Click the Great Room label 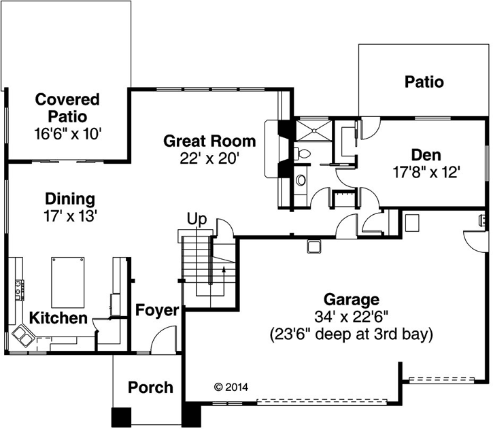click(209, 141)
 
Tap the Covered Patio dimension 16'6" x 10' click(67, 133)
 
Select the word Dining click(69, 199)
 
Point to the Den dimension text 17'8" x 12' click(428, 172)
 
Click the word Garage click(351, 299)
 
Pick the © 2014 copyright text click(231, 387)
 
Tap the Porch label click(150, 388)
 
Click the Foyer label click(157, 311)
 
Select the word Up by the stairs click(197, 220)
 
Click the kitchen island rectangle click(69, 283)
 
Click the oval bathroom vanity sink click(300, 180)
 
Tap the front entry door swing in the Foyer click(163, 340)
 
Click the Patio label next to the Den click(424, 82)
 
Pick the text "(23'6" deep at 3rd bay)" click(351, 334)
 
